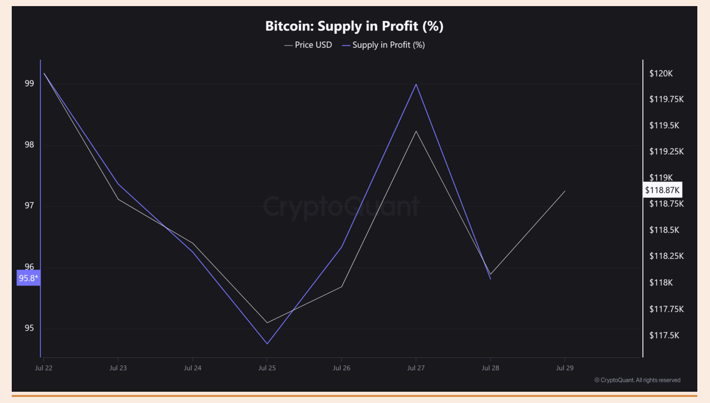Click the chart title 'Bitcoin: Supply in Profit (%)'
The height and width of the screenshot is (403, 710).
point(354,26)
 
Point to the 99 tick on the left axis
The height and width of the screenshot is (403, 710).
point(30,84)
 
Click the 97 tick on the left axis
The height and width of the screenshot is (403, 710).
point(30,205)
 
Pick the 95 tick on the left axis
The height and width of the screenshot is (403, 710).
point(30,328)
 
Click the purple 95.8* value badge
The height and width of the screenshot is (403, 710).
point(28,278)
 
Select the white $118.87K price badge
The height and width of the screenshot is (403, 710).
point(662,190)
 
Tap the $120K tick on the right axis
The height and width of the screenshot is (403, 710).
point(661,73)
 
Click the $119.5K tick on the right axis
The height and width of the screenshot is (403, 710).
point(664,125)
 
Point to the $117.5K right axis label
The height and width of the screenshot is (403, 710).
point(664,335)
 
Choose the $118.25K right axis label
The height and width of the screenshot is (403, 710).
point(666,256)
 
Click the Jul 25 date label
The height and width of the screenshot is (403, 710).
point(267,368)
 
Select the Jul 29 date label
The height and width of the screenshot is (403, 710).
point(564,368)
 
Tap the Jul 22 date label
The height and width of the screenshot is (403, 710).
point(44,368)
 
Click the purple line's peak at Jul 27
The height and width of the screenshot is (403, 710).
point(416,85)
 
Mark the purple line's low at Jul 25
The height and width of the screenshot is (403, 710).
point(267,344)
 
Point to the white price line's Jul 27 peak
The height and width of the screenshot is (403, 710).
point(416,131)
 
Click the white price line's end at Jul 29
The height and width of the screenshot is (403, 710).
point(565,191)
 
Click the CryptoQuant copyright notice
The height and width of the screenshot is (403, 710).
point(637,380)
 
